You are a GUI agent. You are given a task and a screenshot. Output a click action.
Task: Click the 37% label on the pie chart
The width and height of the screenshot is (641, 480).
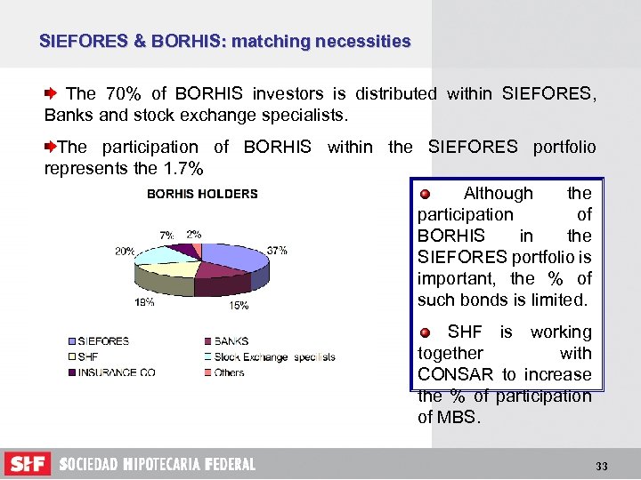point(277,251)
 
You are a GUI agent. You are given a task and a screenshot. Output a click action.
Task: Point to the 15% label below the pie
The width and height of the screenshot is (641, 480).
point(239,306)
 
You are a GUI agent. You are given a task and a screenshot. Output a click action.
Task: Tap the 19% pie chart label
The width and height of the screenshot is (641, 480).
point(145,302)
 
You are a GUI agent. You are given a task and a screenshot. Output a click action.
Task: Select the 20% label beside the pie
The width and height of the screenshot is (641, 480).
point(125,252)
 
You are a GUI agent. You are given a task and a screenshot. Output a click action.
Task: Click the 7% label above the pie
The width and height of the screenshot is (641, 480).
point(166,236)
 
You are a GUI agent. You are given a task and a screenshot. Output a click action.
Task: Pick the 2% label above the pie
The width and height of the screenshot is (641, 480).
point(193,234)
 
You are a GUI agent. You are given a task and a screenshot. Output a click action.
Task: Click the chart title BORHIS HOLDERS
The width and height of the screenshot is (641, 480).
point(202,194)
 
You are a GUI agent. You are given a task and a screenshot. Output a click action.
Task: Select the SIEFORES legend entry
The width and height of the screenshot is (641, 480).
point(103,341)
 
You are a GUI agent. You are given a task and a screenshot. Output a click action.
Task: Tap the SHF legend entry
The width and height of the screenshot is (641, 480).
point(88,356)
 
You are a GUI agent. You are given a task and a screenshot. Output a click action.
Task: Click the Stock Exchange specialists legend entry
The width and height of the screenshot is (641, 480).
point(274,356)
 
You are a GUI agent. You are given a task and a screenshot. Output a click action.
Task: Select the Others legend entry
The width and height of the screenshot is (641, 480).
point(230,372)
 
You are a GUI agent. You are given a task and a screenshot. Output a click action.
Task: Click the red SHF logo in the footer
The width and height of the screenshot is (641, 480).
point(28,464)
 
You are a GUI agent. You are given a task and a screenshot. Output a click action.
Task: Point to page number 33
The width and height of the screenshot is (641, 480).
point(602,466)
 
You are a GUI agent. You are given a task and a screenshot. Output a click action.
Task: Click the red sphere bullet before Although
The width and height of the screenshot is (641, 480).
point(426,194)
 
